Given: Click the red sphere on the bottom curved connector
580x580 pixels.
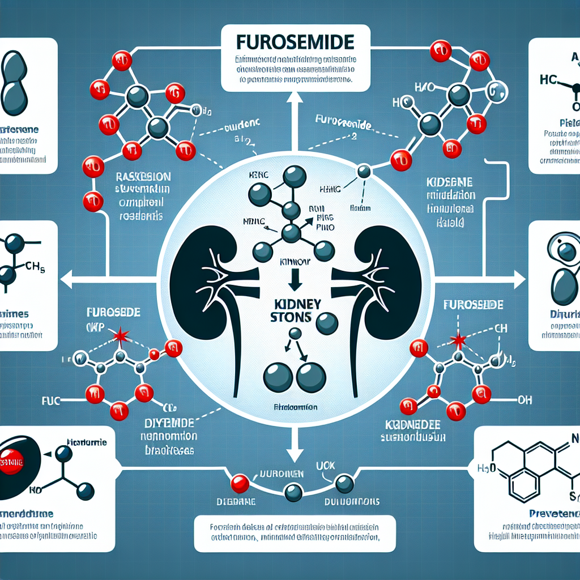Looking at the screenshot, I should [240, 482].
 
